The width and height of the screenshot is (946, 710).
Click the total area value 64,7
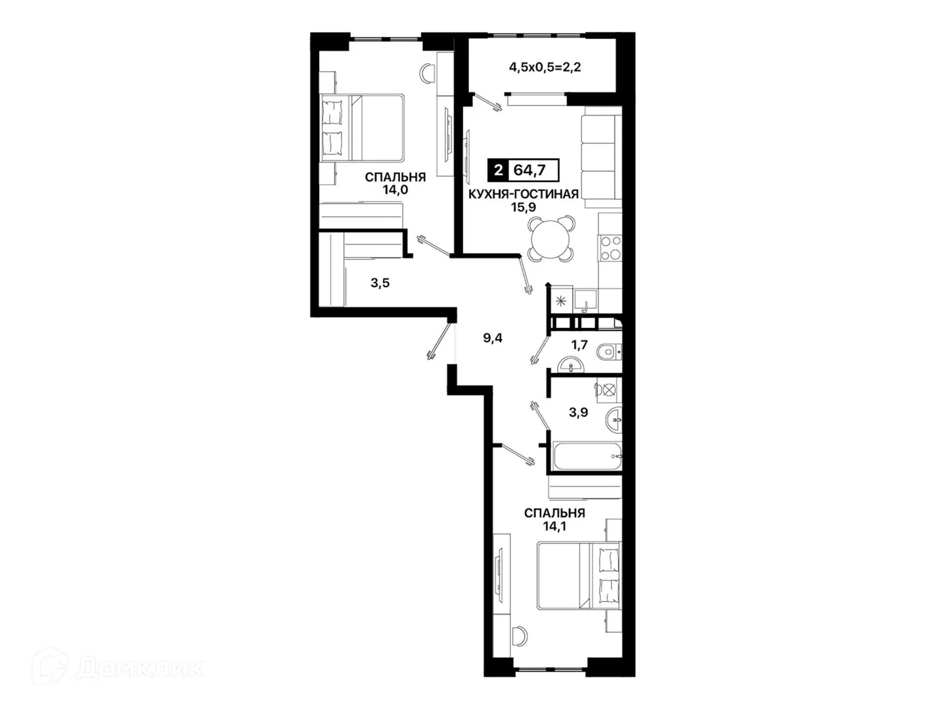[x=529, y=170]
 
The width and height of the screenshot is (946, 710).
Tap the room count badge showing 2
[x=498, y=170]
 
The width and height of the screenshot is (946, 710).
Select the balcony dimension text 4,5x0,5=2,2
[x=545, y=67]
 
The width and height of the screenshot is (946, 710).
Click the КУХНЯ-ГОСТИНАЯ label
[x=523, y=194]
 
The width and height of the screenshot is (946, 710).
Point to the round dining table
[x=552, y=239]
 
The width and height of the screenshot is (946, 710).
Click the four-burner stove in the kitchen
[x=610, y=248]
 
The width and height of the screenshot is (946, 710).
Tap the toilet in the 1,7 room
[x=610, y=352]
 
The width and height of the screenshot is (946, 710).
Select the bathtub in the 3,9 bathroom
[x=588, y=456]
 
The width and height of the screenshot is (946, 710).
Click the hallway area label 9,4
[x=493, y=338]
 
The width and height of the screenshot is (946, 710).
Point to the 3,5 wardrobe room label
[x=380, y=283]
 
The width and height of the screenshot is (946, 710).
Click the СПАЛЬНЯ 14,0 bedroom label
[x=395, y=183]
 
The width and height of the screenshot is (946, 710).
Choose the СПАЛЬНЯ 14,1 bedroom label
[x=554, y=519]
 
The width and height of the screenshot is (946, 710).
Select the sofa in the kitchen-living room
[x=601, y=157]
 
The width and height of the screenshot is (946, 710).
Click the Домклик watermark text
[x=140, y=669]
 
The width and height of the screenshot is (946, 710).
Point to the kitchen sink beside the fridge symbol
[x=585, y=301]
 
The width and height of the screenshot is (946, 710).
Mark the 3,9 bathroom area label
[x=578, y=413]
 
